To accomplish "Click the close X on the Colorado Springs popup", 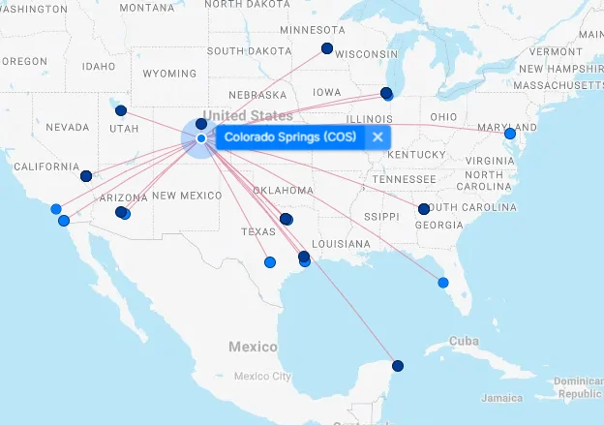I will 377,137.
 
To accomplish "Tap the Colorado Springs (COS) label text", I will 290,137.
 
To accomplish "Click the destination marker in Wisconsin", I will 327,48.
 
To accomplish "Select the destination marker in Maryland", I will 510,134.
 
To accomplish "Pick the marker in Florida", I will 443,283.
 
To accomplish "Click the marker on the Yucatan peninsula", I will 397,365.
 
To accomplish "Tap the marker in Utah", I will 120,110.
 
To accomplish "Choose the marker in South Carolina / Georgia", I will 423,209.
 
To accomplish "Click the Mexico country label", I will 253,347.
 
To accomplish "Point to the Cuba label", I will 465,341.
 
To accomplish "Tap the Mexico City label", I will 261,376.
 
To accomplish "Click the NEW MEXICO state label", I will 187,196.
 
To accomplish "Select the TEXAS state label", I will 258,232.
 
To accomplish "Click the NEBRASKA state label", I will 257,95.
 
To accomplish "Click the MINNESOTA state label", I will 312,30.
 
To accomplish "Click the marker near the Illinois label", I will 386,94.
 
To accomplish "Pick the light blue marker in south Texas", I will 269,261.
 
